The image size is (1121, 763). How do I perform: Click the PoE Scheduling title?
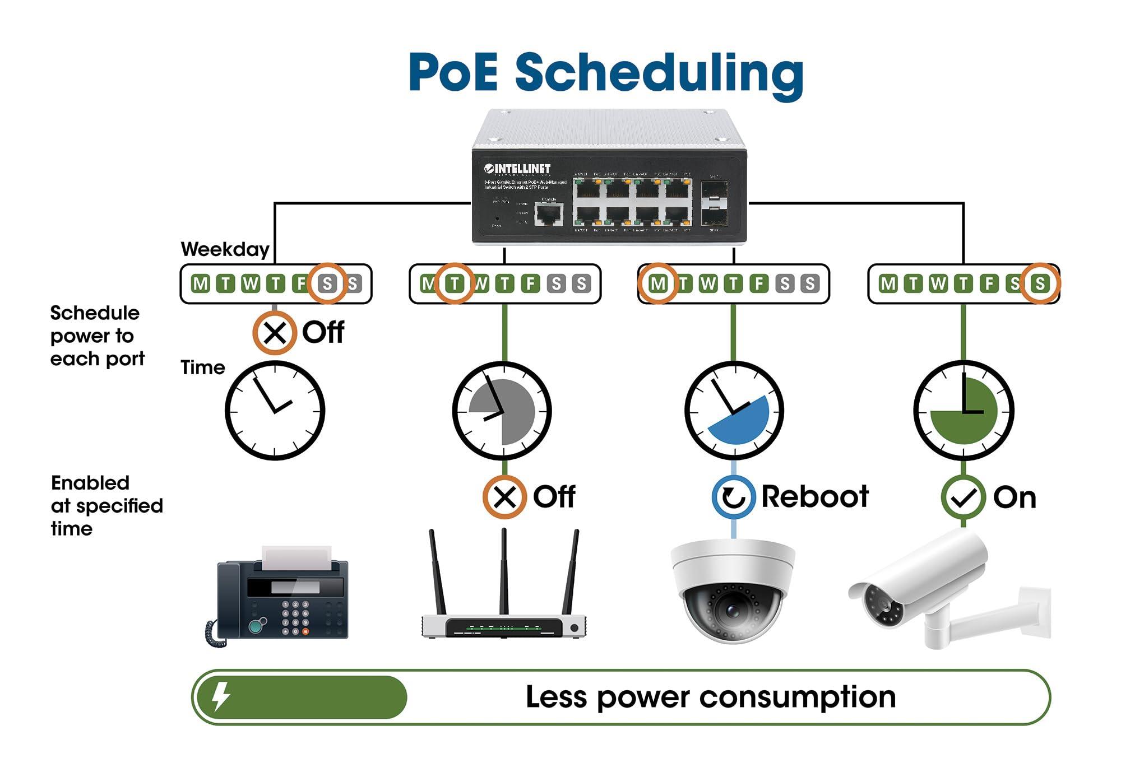606,73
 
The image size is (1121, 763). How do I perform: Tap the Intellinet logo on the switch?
517,169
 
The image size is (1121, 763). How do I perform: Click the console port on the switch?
549,213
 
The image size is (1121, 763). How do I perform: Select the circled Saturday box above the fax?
328,283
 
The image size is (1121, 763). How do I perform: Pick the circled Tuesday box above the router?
455,283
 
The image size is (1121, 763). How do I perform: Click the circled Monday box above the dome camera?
658,283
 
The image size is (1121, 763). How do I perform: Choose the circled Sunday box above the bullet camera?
1040,283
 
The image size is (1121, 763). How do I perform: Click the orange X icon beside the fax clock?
275,333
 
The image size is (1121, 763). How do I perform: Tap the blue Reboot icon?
733,497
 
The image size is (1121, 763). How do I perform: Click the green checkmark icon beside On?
963,497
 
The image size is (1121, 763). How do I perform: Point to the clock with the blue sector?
734,411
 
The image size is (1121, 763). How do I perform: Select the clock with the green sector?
963,411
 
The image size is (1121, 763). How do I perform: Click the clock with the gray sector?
502,411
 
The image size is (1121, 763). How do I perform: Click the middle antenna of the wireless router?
504,571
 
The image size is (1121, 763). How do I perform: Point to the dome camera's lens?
732,610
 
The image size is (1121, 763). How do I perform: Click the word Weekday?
225,249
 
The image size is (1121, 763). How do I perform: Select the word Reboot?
814,497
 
